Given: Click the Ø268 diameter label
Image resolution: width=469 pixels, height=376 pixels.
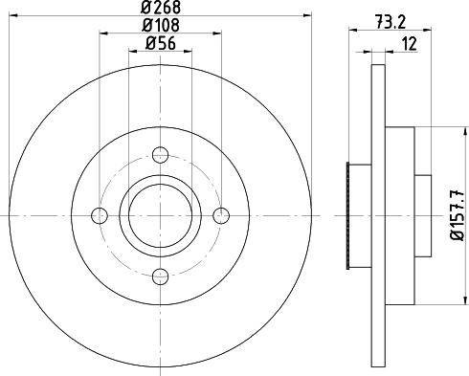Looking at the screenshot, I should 160,9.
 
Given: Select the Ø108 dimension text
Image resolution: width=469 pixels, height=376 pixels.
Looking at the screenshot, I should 160,24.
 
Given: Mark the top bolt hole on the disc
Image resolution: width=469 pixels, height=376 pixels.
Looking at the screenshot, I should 160,152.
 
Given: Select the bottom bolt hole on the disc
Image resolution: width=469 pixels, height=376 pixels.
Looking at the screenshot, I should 160,276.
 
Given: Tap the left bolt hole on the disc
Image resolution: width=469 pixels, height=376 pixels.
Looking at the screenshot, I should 99,214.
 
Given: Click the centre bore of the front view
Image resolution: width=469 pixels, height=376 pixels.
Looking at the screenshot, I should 160,214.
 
